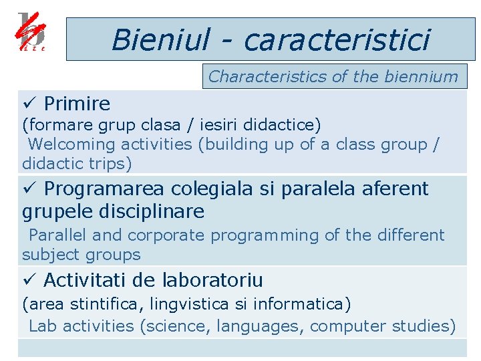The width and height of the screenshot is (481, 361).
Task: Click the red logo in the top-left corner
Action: pyautogui.click(x=32, y=32)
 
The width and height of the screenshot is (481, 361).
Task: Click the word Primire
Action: pyautogui.click(x=77, y=104)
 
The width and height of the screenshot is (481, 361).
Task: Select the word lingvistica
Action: pyautogui.click(x=190, y=305)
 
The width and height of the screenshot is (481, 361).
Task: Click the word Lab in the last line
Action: pyautogui.click(x=43, y=326)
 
